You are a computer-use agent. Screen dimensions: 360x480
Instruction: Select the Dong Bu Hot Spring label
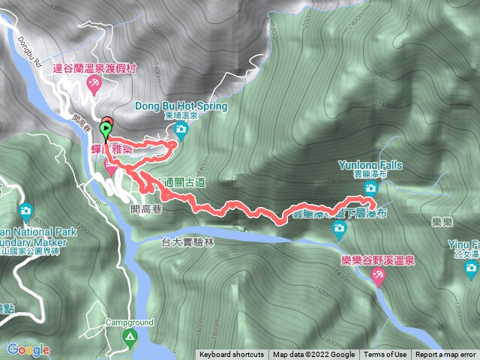tap(180, 106)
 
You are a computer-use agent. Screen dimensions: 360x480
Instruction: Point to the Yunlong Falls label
tap(370, 164)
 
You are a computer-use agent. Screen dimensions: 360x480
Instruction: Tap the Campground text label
tap(129, 322)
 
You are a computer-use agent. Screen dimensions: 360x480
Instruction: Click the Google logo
tap(28, 349)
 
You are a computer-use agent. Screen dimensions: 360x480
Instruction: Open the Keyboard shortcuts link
tap(231, 355)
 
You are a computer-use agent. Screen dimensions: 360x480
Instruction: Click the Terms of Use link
tap(385, 355)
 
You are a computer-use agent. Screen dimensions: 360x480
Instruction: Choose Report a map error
tap(445, 355)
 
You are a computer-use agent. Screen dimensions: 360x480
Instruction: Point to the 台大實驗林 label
tap(188, 241)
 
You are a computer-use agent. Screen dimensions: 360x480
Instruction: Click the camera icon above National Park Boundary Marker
tap(27, 211)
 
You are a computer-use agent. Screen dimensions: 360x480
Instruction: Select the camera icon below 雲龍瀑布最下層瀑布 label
tap(339, 230)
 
